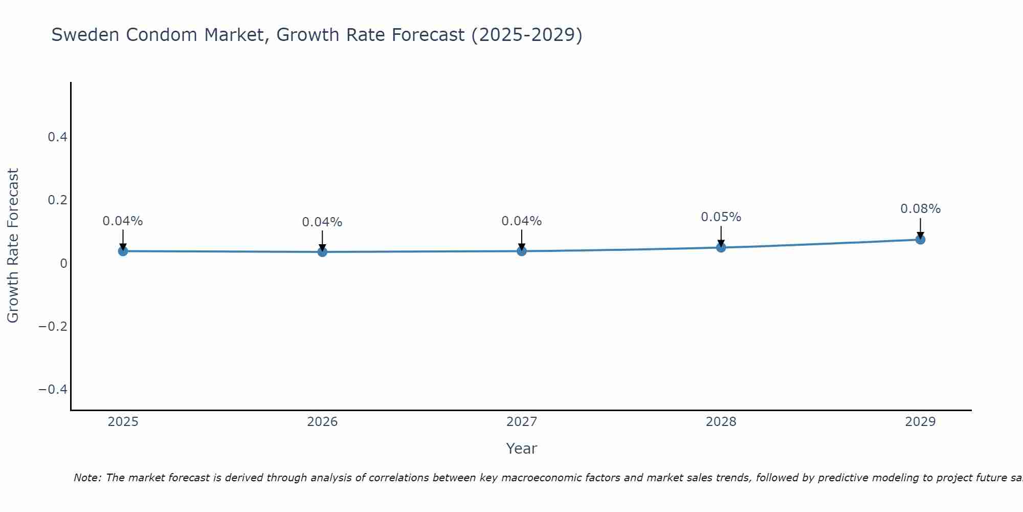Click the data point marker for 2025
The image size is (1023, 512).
click(123, 251)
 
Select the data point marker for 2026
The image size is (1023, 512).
click(322, 252)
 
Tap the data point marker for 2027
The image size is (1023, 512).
click(522, 251)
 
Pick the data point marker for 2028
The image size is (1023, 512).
click(721, 248)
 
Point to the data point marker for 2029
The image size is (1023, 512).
click(920, 239)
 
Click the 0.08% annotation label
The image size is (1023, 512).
click(920, 209)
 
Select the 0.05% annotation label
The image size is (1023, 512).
click(721, 217)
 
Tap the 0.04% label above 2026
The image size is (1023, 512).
click(322, 222)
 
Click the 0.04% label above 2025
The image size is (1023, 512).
click(123, 221)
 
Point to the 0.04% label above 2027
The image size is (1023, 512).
click(522, 221)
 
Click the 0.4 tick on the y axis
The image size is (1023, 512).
click(57, 137)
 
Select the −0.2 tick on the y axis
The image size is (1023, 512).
click(53, 327)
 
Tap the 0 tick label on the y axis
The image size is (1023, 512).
click(63, 264)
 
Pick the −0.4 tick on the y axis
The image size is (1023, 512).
click(53, 390)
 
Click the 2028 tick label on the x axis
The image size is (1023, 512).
click(721, 422)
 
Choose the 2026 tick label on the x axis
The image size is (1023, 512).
click(322, 422)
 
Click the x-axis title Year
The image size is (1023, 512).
click(521, 449)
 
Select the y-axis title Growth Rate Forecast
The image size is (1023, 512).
click(13, 246)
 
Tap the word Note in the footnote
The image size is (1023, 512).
click(87, 478)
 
